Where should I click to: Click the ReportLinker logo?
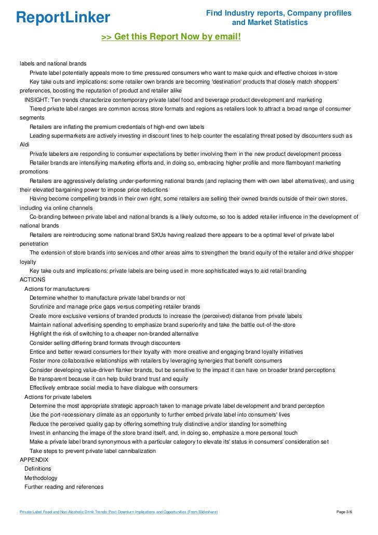click(63, 17)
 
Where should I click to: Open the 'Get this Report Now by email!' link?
click(171, 37)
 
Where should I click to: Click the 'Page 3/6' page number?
click(344, 512)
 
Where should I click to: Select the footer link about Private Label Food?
click(118, 512)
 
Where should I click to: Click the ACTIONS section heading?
click(32, 279)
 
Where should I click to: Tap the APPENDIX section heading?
click(34, 460)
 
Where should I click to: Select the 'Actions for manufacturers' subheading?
click(57, 289)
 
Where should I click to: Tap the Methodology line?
click(40, 478)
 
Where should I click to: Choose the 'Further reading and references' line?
click(64, 487)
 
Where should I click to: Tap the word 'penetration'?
click(34, 244)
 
